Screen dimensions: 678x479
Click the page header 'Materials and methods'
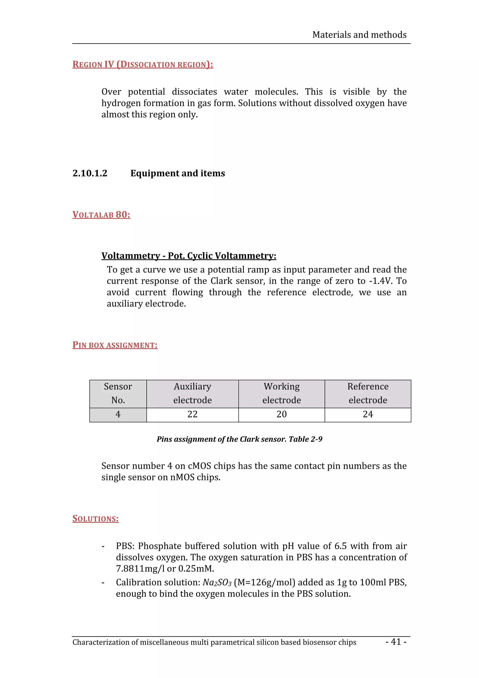point(359,35)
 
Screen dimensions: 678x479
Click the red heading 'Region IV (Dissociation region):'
point(143,64)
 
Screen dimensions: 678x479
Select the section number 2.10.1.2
point(90,173)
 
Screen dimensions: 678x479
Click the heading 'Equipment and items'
point(178,173)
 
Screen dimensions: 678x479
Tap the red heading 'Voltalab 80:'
point(101,215)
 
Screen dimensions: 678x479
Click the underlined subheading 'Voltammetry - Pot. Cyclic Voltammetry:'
point(189,255)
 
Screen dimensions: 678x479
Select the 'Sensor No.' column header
point(118,393)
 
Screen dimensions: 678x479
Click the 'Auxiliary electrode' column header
point(192,393)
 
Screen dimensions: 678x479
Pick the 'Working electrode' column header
point(282,393)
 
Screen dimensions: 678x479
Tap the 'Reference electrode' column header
point(368,393)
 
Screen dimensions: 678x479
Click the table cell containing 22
point(192,414)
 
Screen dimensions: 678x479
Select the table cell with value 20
point(282,414)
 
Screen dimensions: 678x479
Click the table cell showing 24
point(368,414)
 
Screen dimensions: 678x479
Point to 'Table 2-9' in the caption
point(305,439)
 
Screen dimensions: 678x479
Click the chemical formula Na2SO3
point(217,582)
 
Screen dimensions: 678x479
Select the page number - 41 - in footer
point(396,642)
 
